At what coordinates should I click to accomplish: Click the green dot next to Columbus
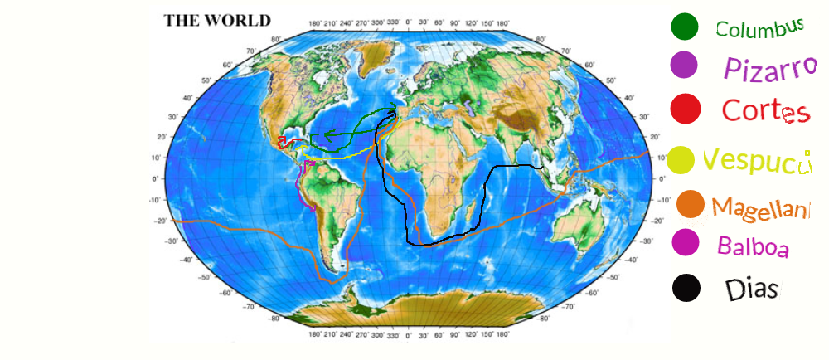coord(685,27)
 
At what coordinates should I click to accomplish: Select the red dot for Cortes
coord(686,108)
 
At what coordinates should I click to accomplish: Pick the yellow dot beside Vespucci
coord(681,160)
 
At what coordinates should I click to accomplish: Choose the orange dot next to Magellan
coord(691,204)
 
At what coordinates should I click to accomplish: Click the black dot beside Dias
coord(686,288)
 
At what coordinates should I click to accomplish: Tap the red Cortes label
coord(764,110)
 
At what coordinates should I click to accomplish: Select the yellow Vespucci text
coord(755,161)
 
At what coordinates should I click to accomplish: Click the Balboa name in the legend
coord(753,246)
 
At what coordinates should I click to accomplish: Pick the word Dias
coord(752,289)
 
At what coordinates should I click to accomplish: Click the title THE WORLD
coord(217,21)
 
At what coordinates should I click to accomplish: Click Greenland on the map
coord(375,56)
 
